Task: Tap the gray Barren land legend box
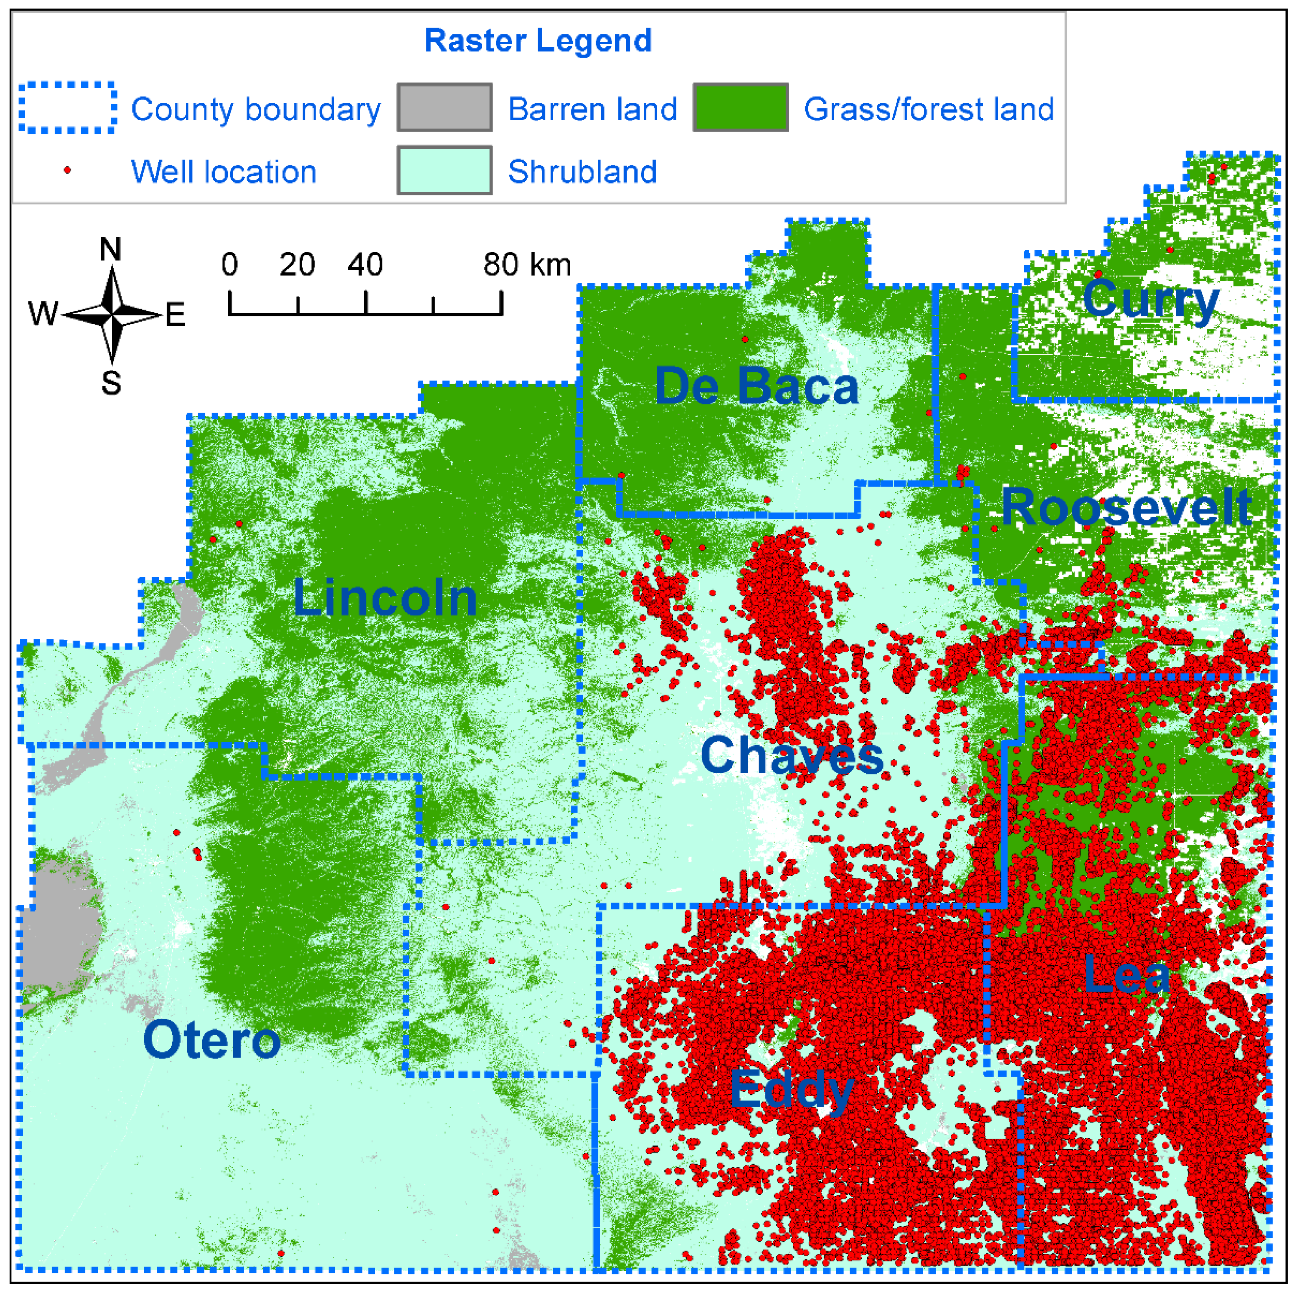point(444,107)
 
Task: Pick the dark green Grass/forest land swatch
point(740,107)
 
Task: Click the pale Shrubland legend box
point(444,171)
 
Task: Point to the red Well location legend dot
point(67,171)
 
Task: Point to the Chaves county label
point(792,755)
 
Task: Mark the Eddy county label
point(792,1090)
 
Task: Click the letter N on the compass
point(111,249)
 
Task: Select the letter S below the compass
point(112,383)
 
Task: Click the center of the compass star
point(113,313)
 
